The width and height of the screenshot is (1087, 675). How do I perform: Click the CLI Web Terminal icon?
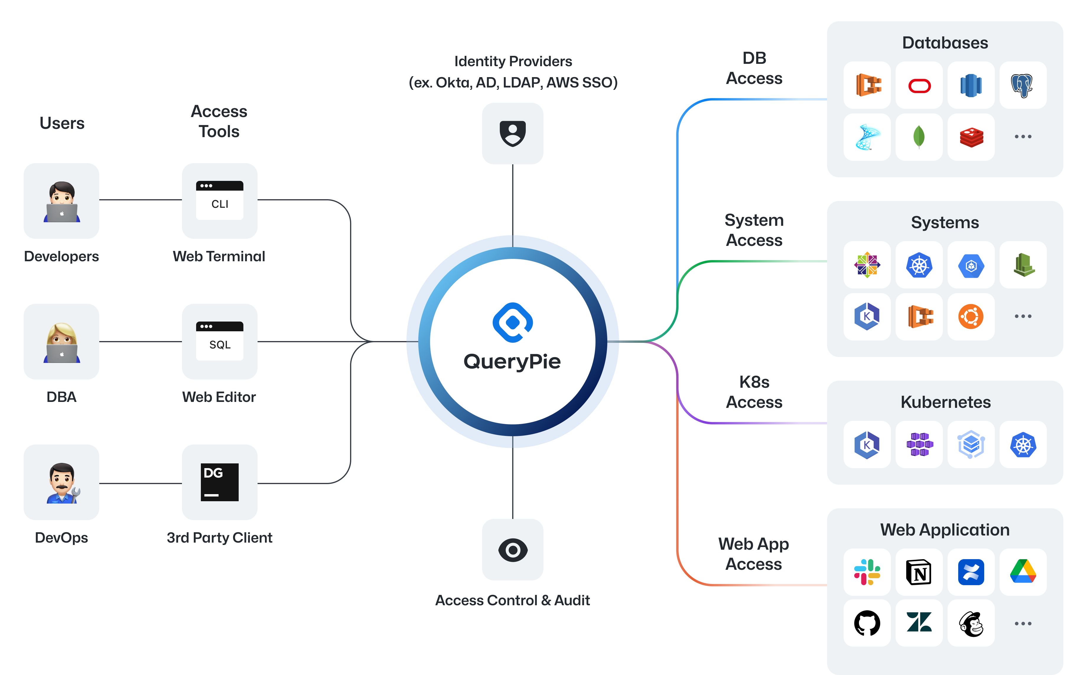tap(219, 200)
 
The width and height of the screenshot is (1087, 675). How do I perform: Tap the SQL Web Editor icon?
tap(219, 342)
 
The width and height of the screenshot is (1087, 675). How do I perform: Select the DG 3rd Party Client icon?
tap(219, 482)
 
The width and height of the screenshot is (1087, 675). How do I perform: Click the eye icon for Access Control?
tap(513, 550)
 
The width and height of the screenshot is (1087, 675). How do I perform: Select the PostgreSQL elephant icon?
tap(1022, 85)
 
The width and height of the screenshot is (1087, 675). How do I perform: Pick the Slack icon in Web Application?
tap(867, 572)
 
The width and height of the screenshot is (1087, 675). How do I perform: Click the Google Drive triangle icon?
tap(1023, 572)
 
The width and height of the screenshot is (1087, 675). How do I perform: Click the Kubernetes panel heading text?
tap(946, 402)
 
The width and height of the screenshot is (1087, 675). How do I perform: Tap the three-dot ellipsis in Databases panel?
tap(1023, 137)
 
